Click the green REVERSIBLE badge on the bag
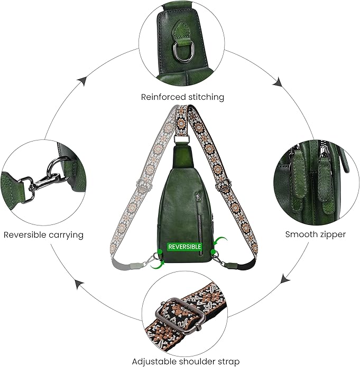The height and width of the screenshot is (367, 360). click(184, 247)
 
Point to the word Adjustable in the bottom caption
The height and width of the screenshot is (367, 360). click(153, 362)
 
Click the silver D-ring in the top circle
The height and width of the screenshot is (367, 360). click(181, 51)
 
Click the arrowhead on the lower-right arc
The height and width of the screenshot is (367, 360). click(285, 278)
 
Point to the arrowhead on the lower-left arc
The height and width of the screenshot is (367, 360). click(80, 285)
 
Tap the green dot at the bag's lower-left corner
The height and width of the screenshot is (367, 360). click(160, 252)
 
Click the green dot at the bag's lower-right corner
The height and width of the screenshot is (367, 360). click(213, 252)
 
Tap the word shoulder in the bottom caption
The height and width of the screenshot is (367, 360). click(196, 362)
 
